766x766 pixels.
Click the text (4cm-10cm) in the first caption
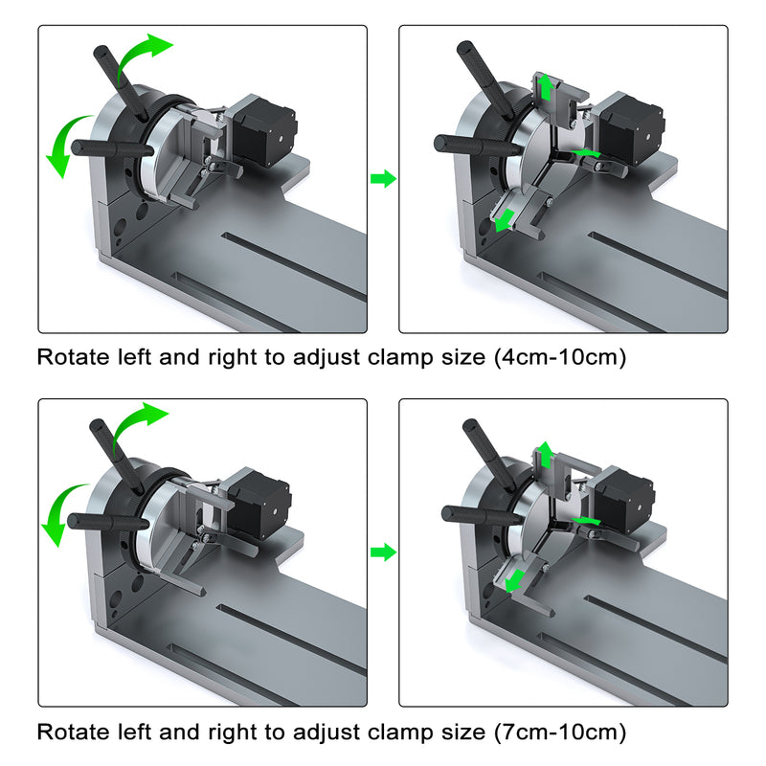point(560,358)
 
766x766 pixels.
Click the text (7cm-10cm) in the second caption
point(560,732)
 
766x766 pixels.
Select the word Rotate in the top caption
point(70,358)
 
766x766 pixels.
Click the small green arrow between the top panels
point(383,178)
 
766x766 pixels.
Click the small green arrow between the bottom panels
point(383,552)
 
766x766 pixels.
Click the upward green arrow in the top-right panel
point(546,88)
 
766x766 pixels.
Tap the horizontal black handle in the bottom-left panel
point(105,522)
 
